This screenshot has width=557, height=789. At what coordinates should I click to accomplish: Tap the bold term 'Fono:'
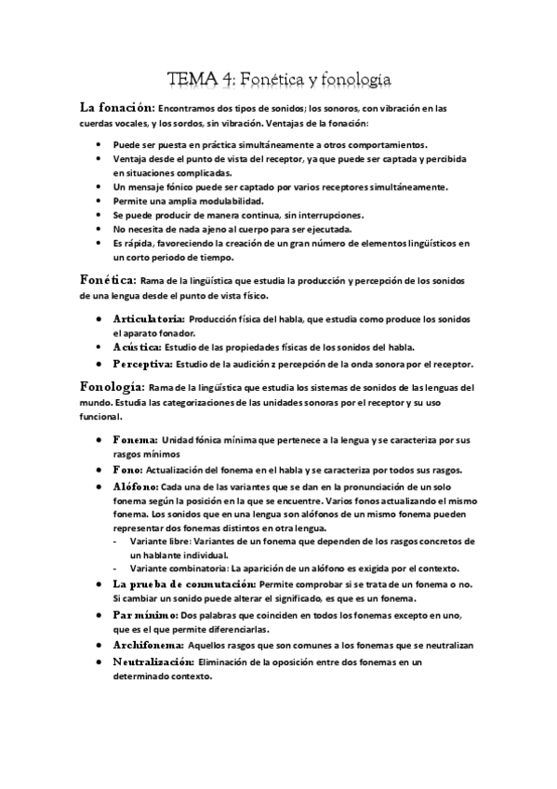point(129,470)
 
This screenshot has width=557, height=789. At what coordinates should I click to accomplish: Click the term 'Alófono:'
point(134,486)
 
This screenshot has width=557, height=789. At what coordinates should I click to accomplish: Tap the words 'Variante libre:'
point(163,542)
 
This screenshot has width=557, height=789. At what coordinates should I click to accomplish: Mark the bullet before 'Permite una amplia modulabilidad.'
point(99,201)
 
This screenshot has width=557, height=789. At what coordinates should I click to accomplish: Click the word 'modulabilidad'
point(231,201)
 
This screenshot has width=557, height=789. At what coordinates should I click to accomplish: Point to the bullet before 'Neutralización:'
point(99,662)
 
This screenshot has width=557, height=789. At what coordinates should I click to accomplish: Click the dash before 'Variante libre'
point(116,542)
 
